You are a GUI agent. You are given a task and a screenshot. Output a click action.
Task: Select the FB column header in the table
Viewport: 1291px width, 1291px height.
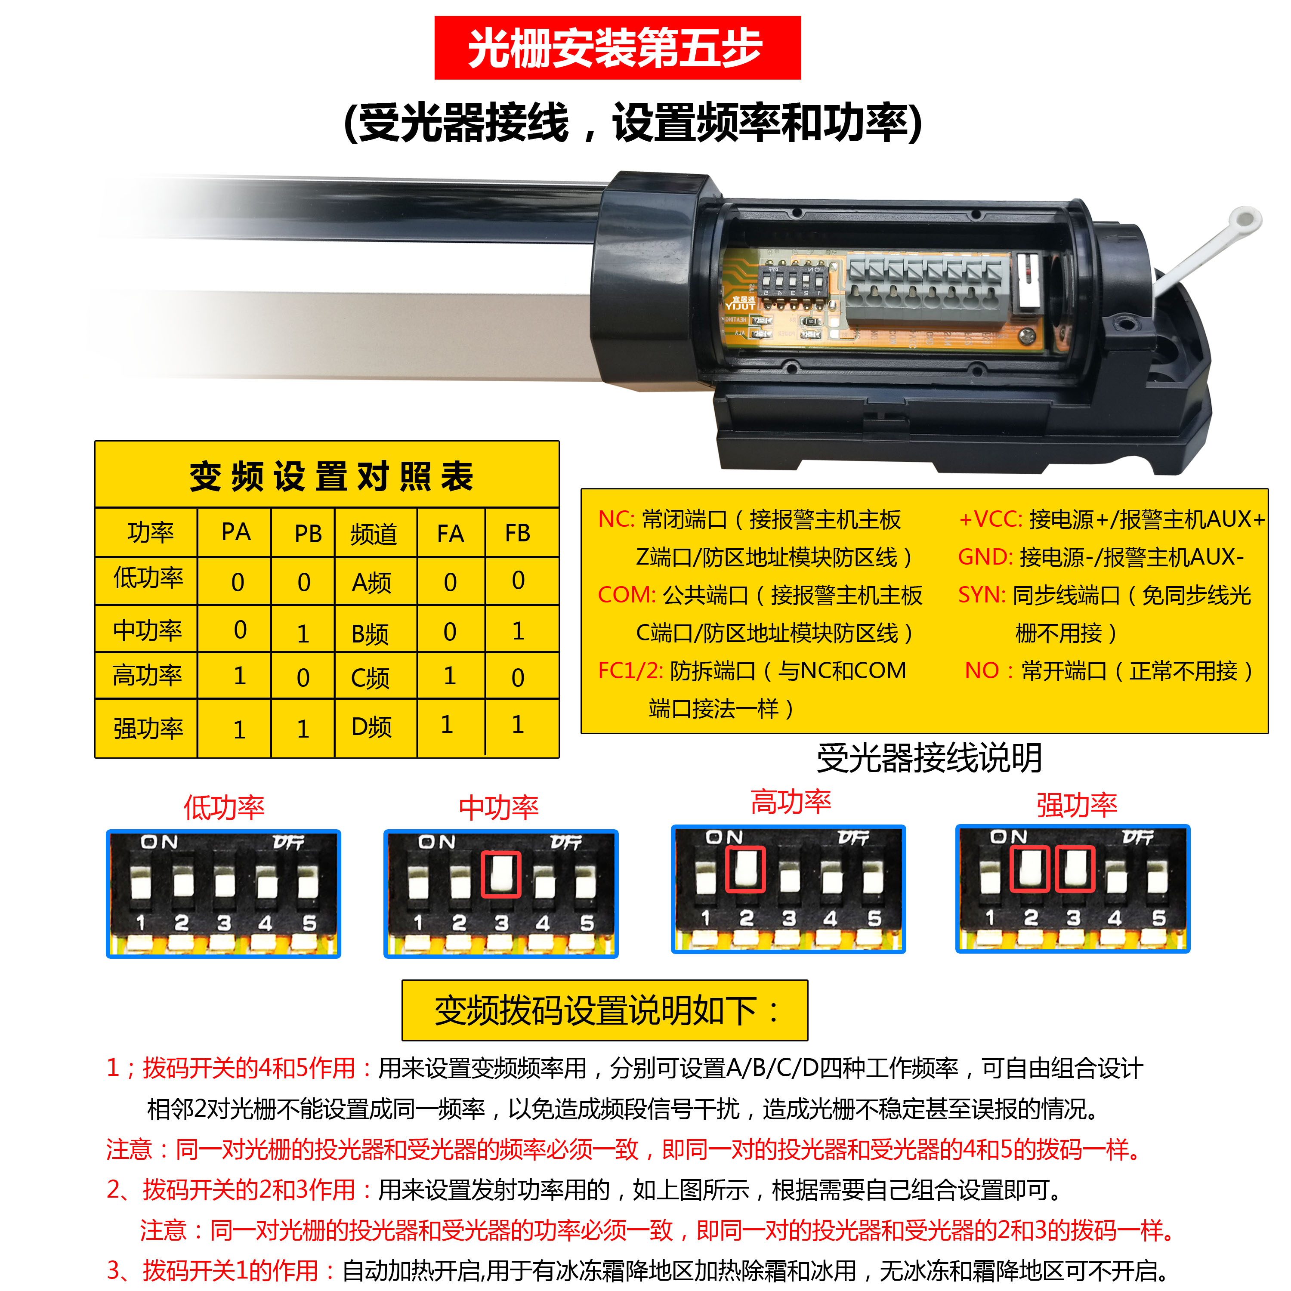pyautogui.click(x=517, y=533)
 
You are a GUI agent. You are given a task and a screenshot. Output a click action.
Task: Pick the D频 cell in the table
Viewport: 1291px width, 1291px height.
pyautogui.click(x=371, y=727)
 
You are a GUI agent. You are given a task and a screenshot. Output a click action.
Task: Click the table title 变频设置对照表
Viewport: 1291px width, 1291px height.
pyautogui.click(x=331, y=476)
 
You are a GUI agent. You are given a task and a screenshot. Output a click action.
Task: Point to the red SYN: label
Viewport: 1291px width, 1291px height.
pyautogui.click(x=982, y=595)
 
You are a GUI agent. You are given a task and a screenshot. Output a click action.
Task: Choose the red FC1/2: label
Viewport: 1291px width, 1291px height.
pyautogui.click(x=630, y=670)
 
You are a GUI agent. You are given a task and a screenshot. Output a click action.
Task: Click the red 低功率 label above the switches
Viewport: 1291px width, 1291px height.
pyautogui.click(x=224, y=808)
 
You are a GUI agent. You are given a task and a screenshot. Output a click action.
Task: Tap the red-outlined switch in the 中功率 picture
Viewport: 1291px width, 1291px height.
pyautogui.click(x=500, y=875)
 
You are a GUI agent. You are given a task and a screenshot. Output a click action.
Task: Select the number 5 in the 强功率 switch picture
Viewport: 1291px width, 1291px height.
pyautogui.click(x=1159, y=918)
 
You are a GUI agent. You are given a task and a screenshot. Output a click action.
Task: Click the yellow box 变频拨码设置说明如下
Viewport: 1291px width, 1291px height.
pyautogui.click(x=605, y=1010)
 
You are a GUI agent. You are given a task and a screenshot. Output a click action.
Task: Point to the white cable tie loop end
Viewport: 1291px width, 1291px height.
pyautogui.click(x=1245, y=219)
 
